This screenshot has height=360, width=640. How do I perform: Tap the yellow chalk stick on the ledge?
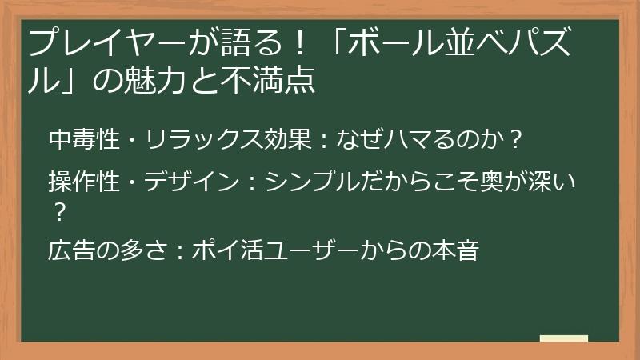[x=563, y=338]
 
